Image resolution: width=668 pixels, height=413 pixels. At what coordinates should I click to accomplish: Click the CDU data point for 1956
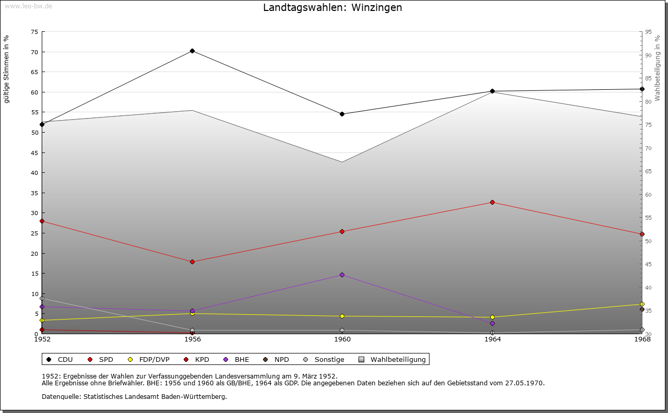click(193, 51)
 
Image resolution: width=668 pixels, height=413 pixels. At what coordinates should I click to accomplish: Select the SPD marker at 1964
click(492, 203)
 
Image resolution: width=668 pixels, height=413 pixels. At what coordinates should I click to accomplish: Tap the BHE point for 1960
click(342, 275)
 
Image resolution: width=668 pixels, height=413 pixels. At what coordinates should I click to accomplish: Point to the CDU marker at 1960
click(342, 114)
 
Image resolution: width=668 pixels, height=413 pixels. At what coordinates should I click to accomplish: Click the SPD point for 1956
click(193, 262)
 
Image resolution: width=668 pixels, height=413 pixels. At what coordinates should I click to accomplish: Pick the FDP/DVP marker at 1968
click(642, 304)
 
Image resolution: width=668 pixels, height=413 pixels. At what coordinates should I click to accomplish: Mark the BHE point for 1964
click(492, 324)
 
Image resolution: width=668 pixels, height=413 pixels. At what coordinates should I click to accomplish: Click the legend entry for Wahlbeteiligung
click(398, 360)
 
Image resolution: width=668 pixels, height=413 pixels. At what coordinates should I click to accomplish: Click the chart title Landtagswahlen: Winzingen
click(332, 8)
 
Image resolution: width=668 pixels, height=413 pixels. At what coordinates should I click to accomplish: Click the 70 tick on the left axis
click(34, 52)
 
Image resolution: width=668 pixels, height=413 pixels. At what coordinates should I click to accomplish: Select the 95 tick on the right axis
click(648, 32)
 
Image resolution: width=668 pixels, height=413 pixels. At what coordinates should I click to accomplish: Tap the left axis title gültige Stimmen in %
click(7, 69)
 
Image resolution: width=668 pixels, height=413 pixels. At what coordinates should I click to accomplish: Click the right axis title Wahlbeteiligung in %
click(658, 68)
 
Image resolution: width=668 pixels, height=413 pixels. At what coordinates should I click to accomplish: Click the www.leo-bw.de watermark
click(28, 5)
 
